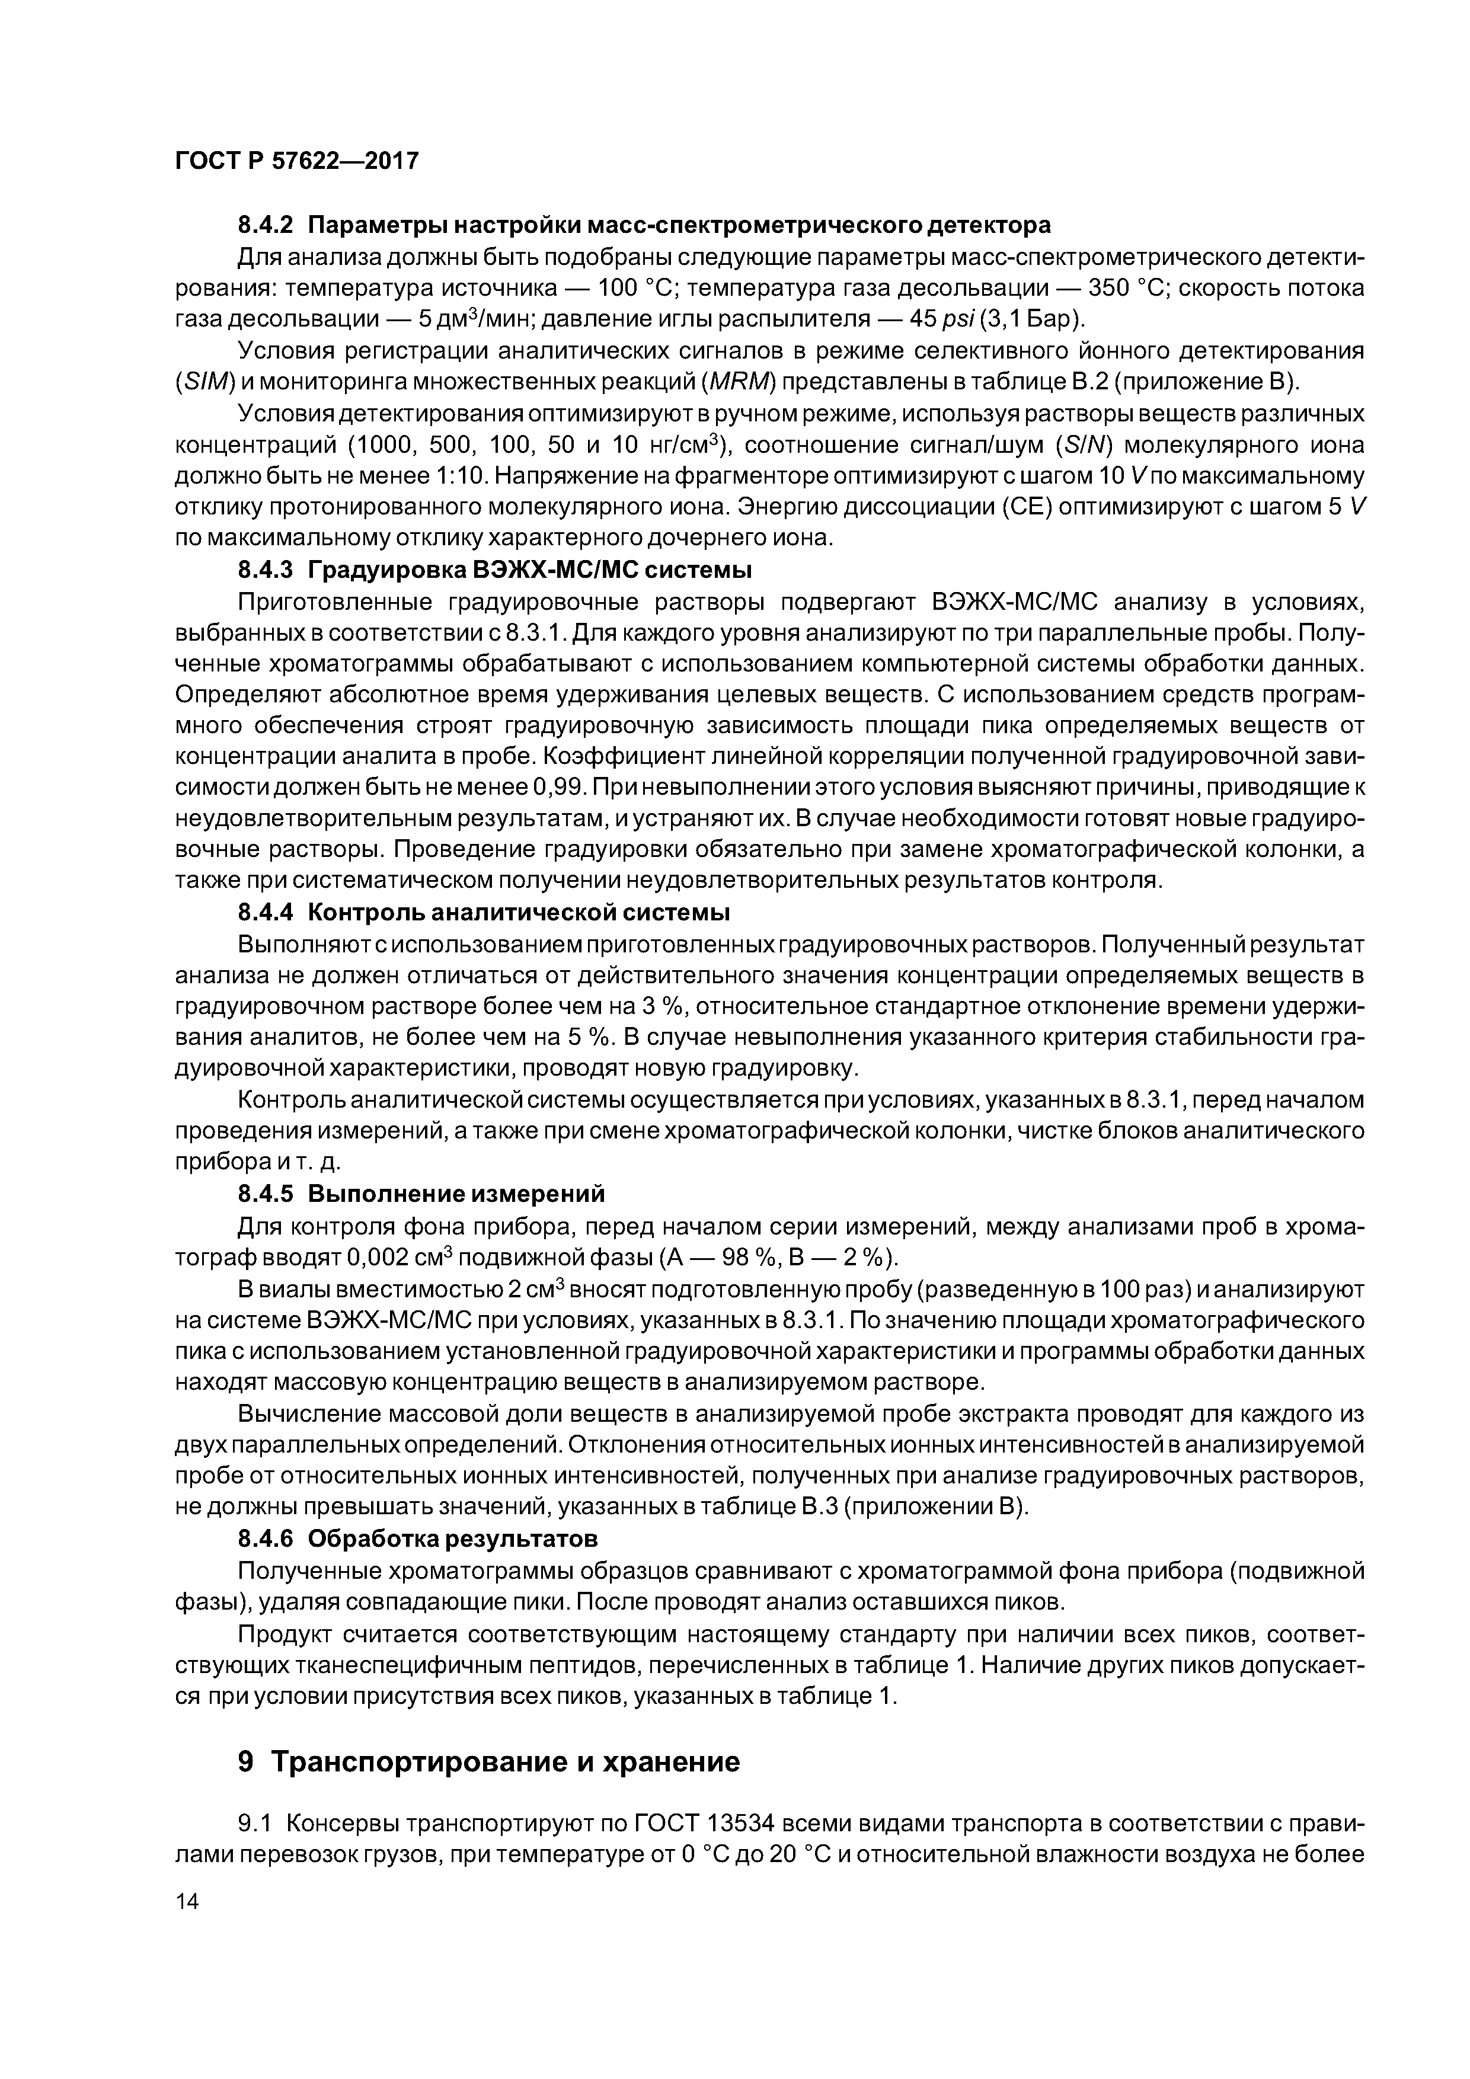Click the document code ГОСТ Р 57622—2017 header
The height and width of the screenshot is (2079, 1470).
296,161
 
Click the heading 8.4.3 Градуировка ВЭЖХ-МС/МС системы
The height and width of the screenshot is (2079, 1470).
494,571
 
